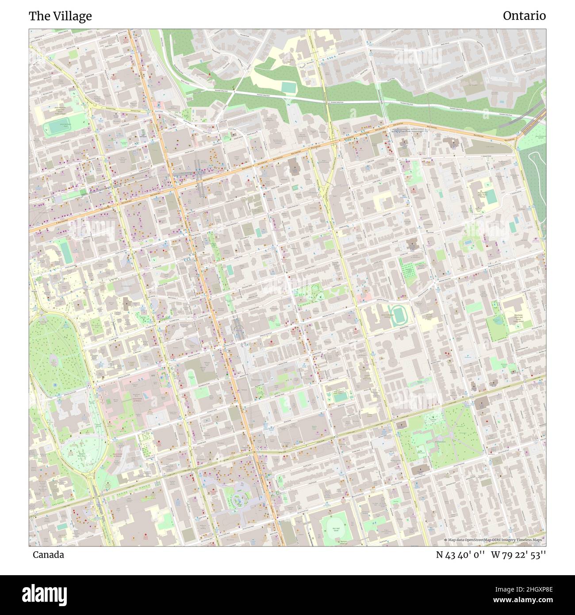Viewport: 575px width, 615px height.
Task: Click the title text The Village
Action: [60, 16]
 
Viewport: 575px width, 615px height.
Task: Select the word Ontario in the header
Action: [524, 16]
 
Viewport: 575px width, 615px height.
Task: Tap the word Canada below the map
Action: [48, 554]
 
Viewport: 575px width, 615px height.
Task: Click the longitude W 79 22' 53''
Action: [518, 555]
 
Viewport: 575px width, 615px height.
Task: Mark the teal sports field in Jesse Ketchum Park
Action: [58, 127]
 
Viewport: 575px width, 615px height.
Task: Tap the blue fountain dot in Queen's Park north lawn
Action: [55, 385]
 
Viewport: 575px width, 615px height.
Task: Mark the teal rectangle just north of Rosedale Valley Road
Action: [288, 87]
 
